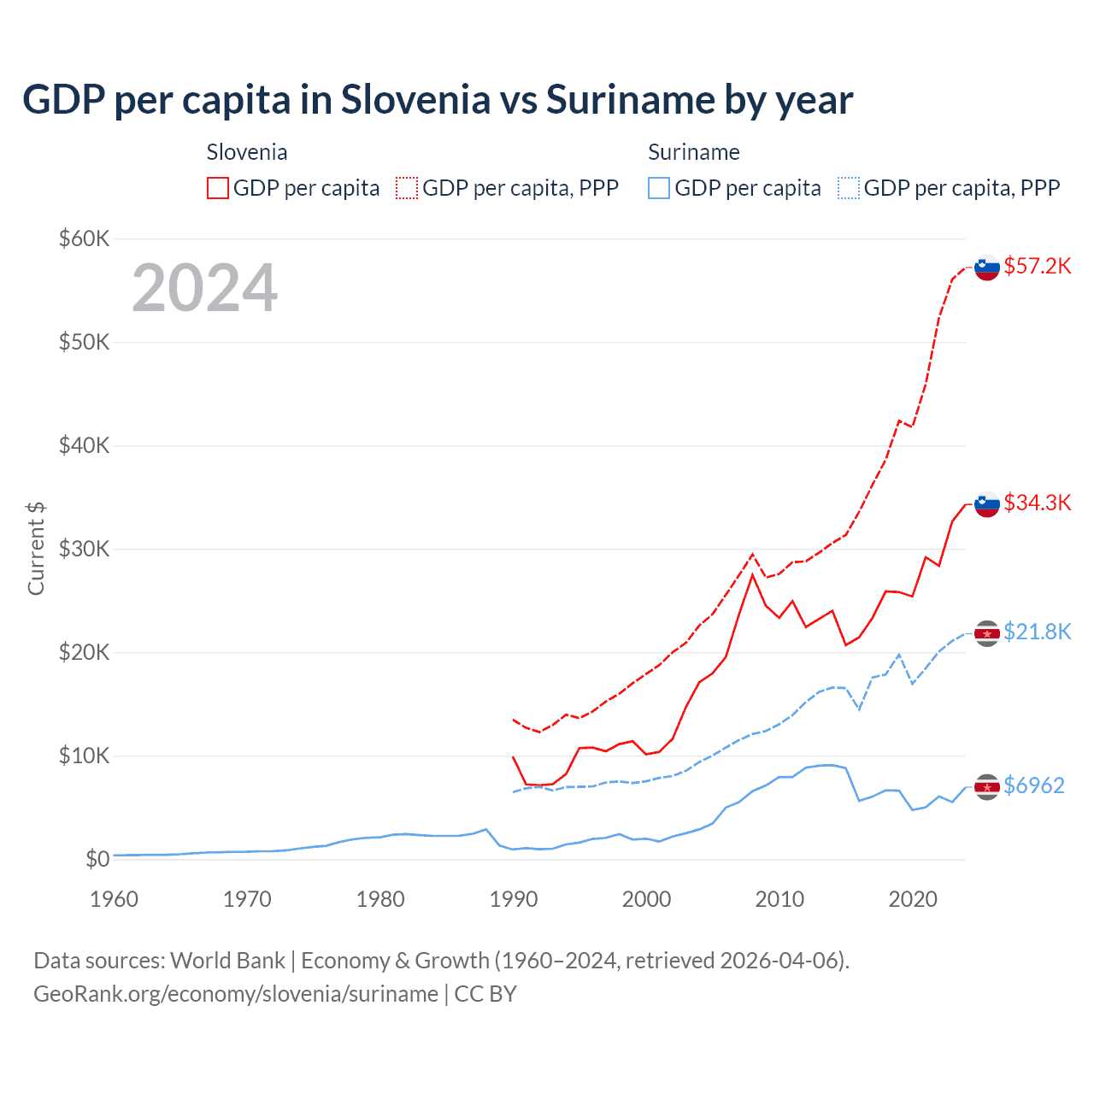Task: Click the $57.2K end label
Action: click(x=1037, y=266)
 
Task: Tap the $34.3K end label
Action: click(x=1037, y=503)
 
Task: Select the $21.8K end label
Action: click(x=1037, y=632)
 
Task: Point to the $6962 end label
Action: click(x=1033, y=785)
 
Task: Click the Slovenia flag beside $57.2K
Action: click(x=987, y=268)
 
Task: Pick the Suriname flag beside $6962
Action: click(x=987, y=786)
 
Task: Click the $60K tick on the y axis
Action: click(x=84, y=238)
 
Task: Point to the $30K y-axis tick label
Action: click(x=84, y=549)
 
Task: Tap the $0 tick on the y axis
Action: click(x=97, y=859)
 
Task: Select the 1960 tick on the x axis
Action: click(x=114, y=899)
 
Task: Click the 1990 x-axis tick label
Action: click(x=514, y=899)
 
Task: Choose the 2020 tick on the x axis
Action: click(x=913, y=899)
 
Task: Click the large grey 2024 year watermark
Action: click(x=204, y=288)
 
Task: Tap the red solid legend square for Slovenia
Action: click(x=218, y=188)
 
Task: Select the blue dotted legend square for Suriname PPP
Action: click(x=849, y=188)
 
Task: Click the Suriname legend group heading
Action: click(x=693, y=152)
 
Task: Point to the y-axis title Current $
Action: click(x=36, y=549)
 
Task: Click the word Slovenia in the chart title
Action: click(x=415, y=100)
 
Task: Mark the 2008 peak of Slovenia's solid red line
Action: click(x=752, y=574)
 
